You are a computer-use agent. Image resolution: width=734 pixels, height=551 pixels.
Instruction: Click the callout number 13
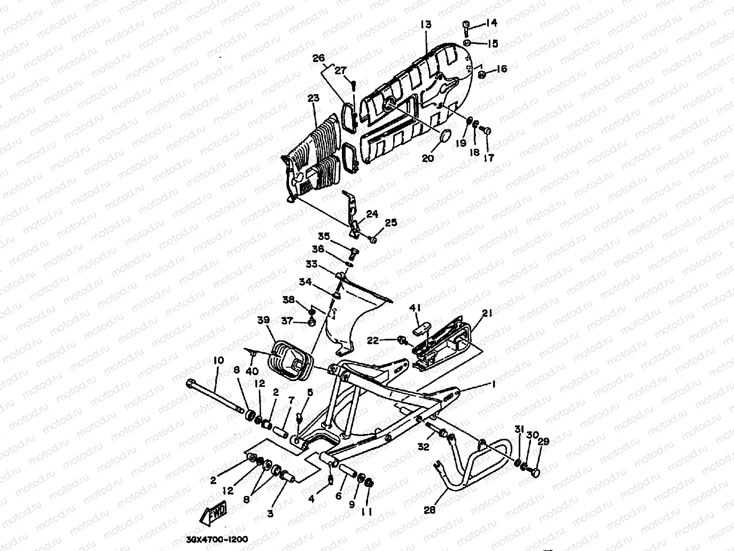point(426,25)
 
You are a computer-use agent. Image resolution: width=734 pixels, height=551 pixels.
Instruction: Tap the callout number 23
point(314,98)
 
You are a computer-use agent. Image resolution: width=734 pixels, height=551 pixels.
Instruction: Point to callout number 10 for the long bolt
point(217,361)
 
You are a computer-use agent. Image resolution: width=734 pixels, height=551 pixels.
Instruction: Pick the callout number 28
point(430,510)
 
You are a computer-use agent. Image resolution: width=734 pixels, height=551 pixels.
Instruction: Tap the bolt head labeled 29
point(536,472)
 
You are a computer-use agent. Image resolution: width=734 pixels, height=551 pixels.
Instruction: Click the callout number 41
point(416,308)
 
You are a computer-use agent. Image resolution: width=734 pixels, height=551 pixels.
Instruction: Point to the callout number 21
point(487,313)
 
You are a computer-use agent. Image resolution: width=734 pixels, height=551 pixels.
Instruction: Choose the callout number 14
point(491,22)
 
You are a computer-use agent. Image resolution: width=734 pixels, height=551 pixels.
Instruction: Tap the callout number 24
point(372,214)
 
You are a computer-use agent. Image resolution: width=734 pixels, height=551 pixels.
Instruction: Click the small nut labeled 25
point(373,240)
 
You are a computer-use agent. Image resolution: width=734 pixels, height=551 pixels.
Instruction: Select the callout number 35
point(324,236)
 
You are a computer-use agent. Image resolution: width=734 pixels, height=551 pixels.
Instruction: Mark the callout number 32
point(424,447)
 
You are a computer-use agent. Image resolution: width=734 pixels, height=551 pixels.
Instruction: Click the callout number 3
point(270,514)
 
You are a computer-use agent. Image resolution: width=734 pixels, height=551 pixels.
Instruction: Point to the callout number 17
point(489,158)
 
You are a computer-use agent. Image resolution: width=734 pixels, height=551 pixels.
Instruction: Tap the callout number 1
point(494,384)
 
